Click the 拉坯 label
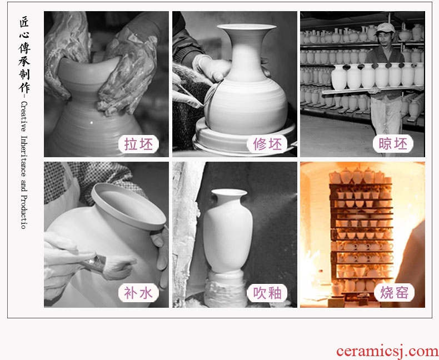(138, 144)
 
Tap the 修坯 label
(267, 144)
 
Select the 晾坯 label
(393, 144)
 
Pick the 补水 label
(138, 293)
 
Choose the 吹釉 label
(267, 293)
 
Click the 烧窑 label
(394, 293)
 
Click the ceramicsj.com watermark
(387, 351)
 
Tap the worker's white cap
(385, 28)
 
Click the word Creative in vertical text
(24, 117)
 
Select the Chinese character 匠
(24, 22)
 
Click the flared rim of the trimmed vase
(247, 27)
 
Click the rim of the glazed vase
(229, 192)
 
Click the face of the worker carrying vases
(385, 38)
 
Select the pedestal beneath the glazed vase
(226, 288)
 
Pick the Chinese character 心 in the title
(24, 36)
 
